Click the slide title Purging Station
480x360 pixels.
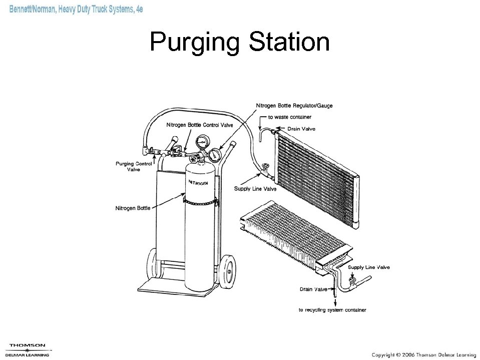click(x=240, y=43)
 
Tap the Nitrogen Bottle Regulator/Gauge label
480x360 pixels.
click(x=294, y=106)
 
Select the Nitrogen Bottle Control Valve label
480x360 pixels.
click(x=199, y=125)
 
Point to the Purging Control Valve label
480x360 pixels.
click(x=134, y=166)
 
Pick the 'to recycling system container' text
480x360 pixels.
click(x=332, y=310)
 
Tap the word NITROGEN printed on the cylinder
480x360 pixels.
click(x=198, y=183)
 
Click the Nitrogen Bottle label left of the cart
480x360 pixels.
click(x=133, y=208)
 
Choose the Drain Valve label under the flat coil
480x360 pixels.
click(x=313, y=289)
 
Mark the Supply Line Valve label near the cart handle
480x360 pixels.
click(x=255, y=189)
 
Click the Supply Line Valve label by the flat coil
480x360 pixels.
click(x=368, y=267)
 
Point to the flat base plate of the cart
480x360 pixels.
click(x=160, y=286)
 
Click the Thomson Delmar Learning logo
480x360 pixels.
click(x=28, y=349)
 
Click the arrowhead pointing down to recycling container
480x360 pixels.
click(x=335, y=301)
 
